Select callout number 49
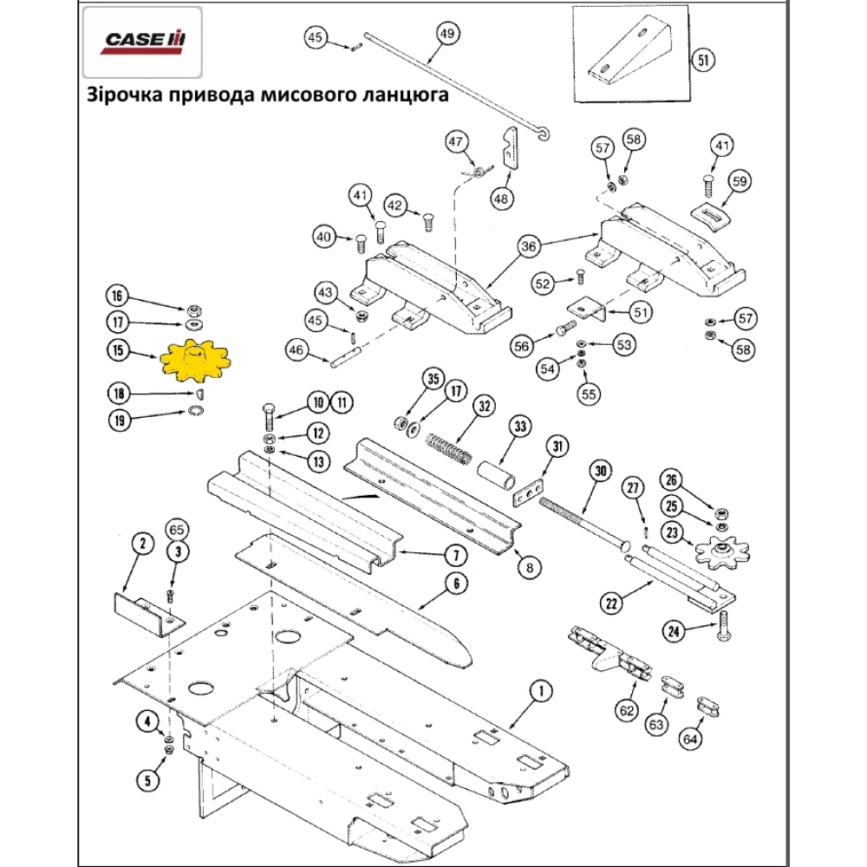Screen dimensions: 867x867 point(447,35)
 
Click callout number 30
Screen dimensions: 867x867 point(598,472)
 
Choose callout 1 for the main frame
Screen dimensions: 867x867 point(539,691)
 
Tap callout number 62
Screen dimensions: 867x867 point(626,710)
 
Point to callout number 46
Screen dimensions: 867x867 point(296,350)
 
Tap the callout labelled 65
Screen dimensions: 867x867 point(177,529)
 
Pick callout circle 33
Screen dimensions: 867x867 point(519,427)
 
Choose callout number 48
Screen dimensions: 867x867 point(501,199)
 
